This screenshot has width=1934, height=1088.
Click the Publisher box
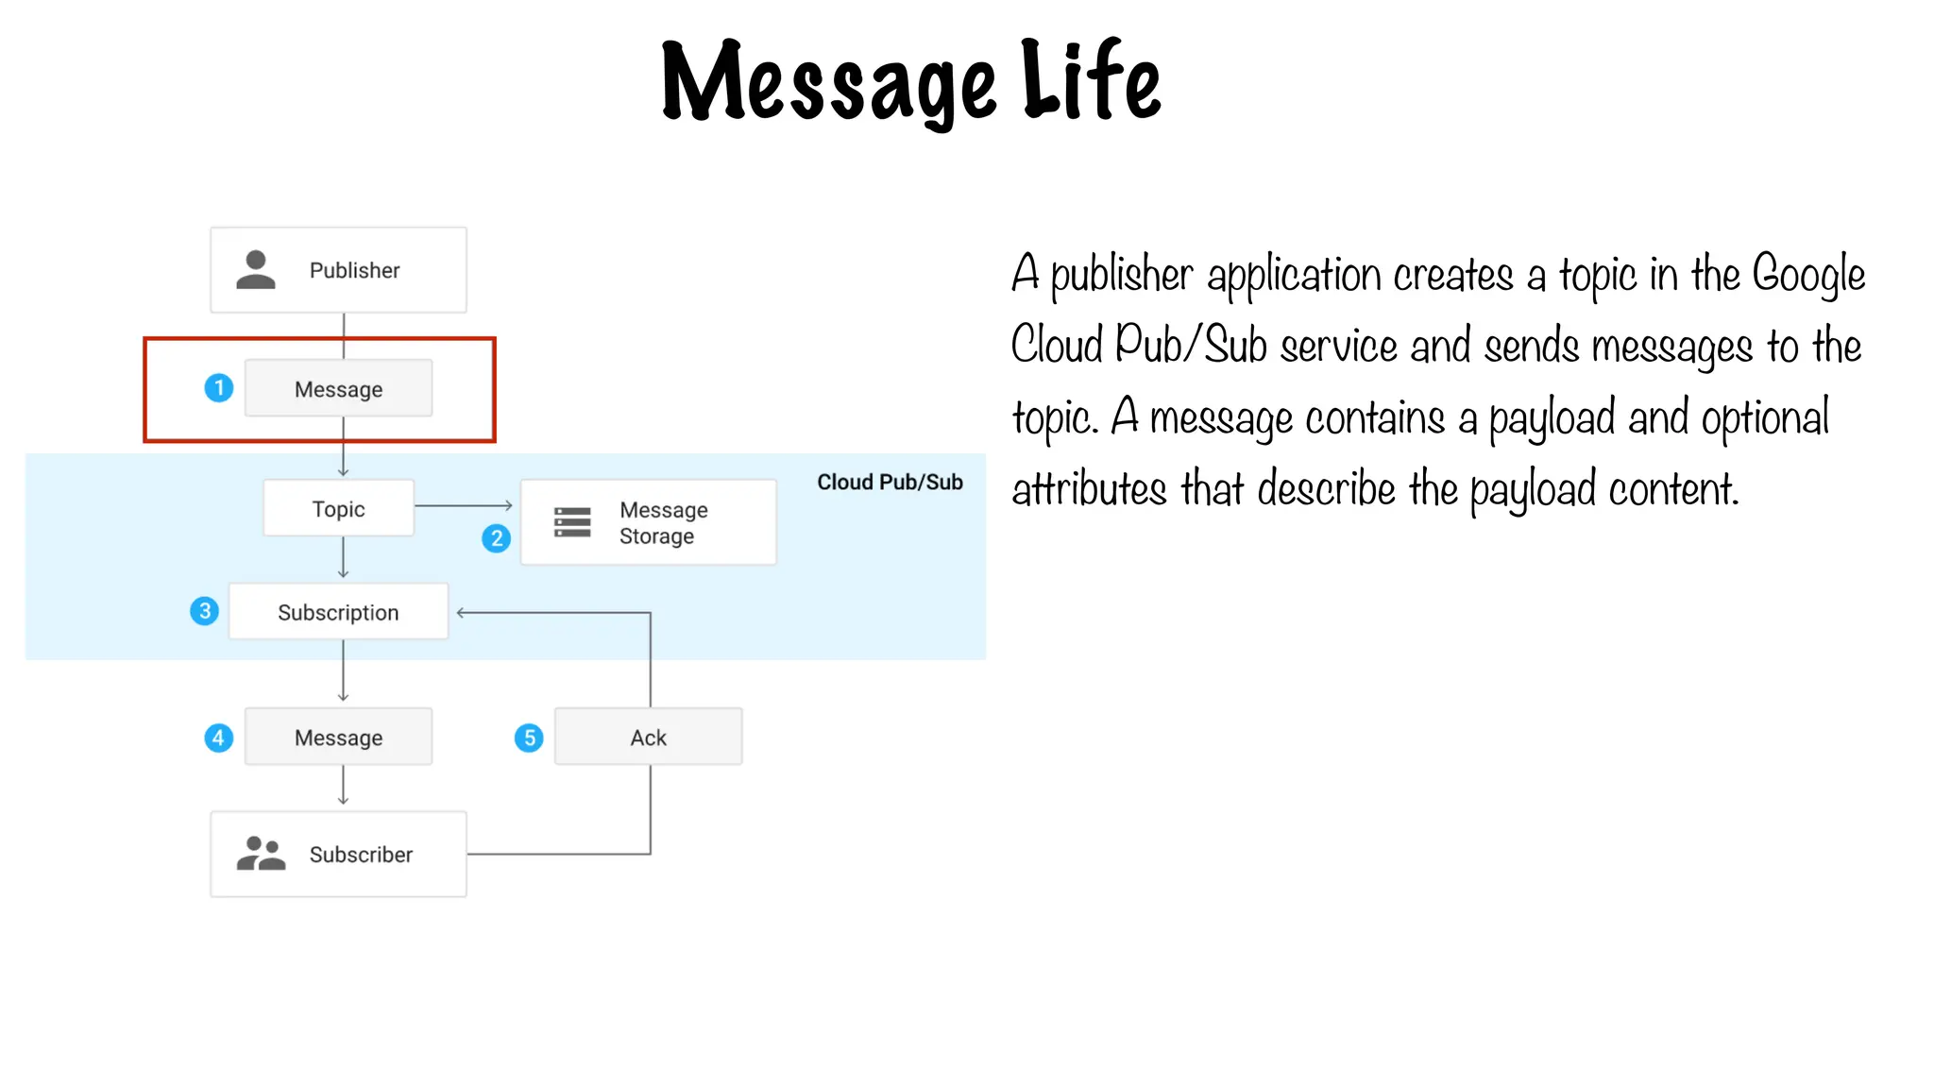tap(338, 270)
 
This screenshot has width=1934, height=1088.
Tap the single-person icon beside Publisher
tap(255, 270)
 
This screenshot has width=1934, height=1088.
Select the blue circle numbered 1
tap(219, 388)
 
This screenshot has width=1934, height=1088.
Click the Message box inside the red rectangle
tap(338, 388)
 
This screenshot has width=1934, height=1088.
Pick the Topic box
tap(338, 509)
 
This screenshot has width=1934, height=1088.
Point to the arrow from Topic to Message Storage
tap(464, 506)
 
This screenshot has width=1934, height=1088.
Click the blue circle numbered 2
tap(496, 538)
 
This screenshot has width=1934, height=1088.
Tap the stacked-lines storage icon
tap(572, 522)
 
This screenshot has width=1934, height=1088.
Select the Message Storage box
tap(661, 522)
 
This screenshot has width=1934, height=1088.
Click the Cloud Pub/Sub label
tap(890, 483)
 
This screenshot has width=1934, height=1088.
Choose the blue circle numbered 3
tap(204, 611)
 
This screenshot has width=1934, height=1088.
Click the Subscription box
tap(338, 612)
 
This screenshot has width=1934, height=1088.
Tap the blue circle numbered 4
tap(219, 738)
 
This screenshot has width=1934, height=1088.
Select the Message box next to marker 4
tap(338, 738)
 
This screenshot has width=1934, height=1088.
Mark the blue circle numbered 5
tap(529, 738)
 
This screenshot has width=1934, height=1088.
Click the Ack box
tap(648, 738)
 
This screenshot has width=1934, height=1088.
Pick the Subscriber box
tap(338, 855)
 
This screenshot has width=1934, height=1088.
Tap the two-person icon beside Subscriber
tap(261, 854)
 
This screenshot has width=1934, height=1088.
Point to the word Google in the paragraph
tap(1808, 276)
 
